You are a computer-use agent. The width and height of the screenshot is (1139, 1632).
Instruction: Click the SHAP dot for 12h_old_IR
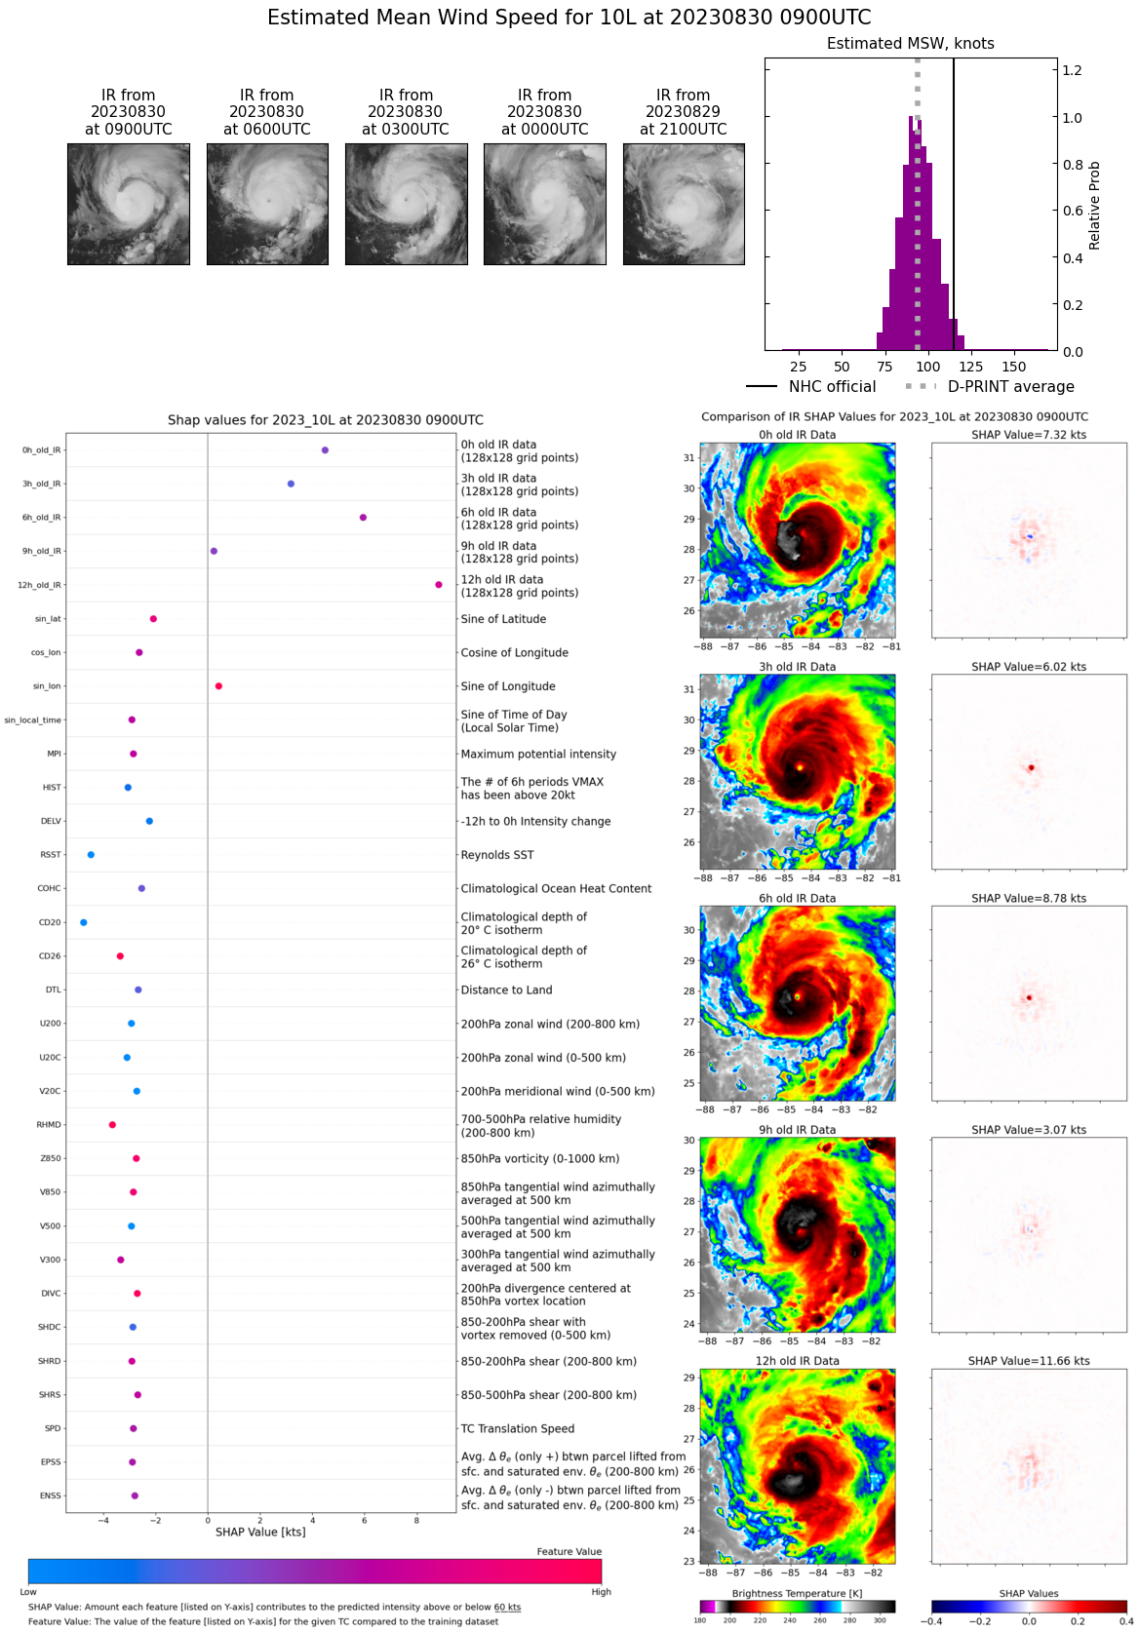pyautogui.click(x=439, y=585)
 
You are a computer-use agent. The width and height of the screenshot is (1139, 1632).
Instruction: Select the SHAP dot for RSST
pyautogui.click(x=91, y=855)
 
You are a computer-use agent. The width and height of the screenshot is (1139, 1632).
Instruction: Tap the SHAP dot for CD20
pyautogui.click(x=83, y=922)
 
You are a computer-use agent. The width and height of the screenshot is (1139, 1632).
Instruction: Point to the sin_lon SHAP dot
pyautogui.click(x=218, y=686)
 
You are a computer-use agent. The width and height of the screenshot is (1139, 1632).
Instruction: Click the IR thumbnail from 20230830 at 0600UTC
pyautogui.click(x=267, y=204)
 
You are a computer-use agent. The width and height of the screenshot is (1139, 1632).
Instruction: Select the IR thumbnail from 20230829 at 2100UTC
pyautogui.click(x=684, y=204)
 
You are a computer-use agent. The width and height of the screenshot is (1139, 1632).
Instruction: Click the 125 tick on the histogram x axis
pyautogui.click(x=971, y=367)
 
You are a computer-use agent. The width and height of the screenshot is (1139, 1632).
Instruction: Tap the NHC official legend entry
pyautogui.click(x=811, y=387)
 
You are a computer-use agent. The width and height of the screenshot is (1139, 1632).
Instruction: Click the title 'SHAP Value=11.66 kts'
pyautogui.click(x=1029, y=1361)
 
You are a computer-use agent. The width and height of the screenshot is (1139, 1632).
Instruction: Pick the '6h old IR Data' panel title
pyautogui.click(x=797, y=899)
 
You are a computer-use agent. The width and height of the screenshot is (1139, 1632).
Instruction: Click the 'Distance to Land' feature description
pyautogui.click(x=506, y=991)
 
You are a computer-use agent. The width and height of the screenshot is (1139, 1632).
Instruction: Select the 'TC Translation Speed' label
pyautogui.click(x=517, y=1429)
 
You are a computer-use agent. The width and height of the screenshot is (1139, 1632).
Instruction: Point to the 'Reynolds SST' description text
pyautogui.click(x=497, y=855)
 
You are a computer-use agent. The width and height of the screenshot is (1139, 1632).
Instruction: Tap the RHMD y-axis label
pyautogui.click(x=49, y=1125)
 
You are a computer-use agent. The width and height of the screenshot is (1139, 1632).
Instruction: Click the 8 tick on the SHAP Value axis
pyautogui.click(x=416, y=1521)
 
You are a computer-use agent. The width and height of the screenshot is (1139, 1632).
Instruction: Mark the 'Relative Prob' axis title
pyautogui.click(x=1094, y=205)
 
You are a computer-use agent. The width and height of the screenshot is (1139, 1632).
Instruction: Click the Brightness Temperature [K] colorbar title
pyautogui.click(x=797, y=1594)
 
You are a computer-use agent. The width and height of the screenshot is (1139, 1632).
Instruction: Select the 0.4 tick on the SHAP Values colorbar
pyautogui.click(x=1125, y=1621)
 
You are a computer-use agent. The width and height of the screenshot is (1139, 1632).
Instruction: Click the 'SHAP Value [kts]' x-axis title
pyautogui.click(x=260, y=1533)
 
